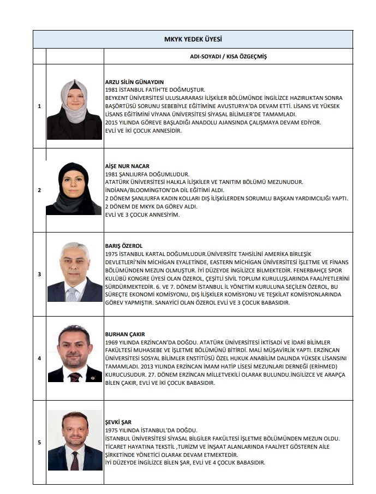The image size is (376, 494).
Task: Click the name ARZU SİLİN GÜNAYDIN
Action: click(134, 82)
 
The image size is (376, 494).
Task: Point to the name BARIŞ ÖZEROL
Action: click(123, 246)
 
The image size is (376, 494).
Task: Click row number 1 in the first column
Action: click(39, 106)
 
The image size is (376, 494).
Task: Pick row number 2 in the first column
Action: click(39, 191)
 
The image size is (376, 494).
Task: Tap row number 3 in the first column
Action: click(39, 274)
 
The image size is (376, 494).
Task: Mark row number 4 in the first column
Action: click(39, 359)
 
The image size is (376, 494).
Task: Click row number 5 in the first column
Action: click(39, 442)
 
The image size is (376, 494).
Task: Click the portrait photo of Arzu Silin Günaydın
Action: click(75, 108)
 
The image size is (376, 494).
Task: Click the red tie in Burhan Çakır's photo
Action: click(75, 376)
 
